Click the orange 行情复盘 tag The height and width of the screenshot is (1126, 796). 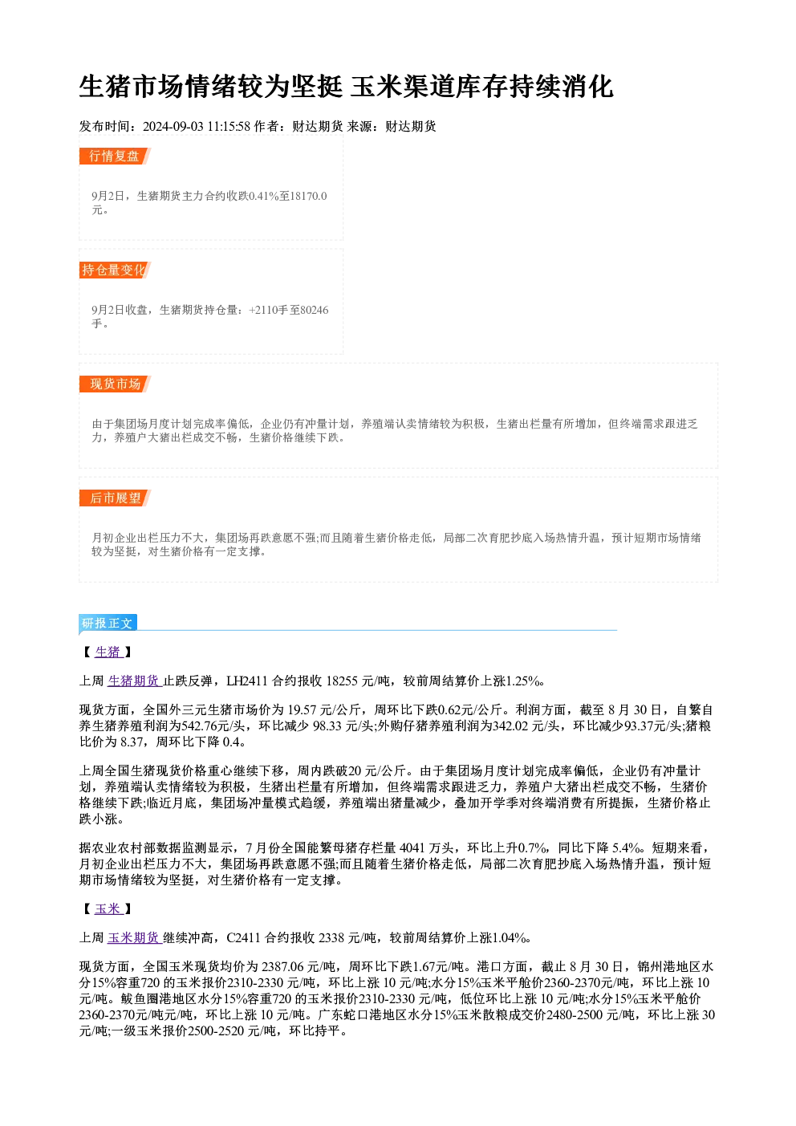(115, 156)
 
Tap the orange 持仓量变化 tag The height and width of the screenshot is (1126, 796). (115, 270)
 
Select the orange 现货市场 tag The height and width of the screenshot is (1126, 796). (115, 384)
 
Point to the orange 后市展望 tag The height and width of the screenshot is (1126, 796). (115, 498)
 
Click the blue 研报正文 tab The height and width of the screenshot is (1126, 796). (108, 624)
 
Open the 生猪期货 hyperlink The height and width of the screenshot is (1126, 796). (135, 681)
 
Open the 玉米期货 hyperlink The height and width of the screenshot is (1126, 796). (135, 937)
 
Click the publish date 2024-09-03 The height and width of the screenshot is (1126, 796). (173, 126)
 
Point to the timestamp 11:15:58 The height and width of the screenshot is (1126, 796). (229, 126)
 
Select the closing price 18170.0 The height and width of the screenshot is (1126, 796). (309, 196)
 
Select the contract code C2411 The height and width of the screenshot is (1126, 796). (244, 937)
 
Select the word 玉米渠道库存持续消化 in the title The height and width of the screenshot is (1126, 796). (482, 87)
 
